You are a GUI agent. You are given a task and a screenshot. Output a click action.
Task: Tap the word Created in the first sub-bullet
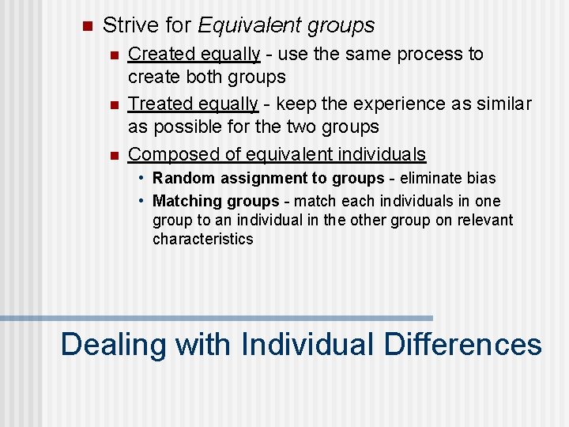[156, 55]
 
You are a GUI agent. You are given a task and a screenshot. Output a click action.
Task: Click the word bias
[481, 179]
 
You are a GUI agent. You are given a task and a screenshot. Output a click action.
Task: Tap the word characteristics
[203, 239]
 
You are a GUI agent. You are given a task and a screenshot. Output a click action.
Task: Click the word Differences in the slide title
[462, 345]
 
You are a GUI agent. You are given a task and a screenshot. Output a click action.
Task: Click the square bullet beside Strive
[87, 26]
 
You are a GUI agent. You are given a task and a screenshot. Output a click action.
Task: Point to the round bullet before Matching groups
[142, 201]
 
